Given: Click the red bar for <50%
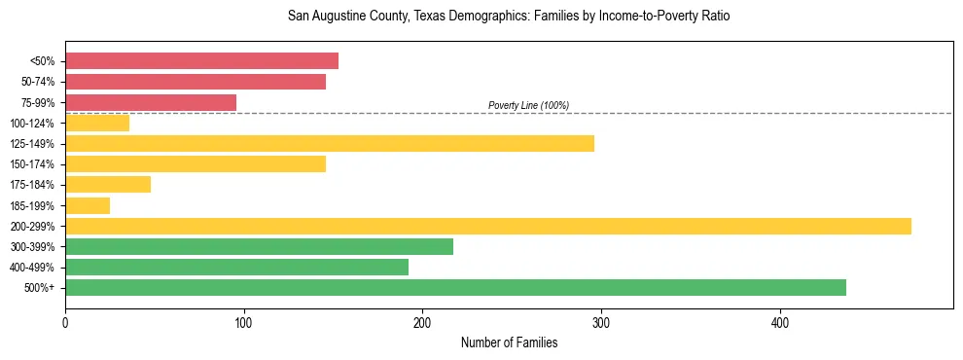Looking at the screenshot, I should [x=201, y=61].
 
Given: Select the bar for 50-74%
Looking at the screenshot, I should [x=196, y=82].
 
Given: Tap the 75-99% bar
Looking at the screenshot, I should [x=151, y=102].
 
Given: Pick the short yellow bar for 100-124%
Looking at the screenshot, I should [x=97, y=123].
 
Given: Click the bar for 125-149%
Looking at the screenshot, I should [x=330, y=143].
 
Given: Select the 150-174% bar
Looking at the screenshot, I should [x=196, y=163].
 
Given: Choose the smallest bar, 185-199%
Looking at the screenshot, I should [x=88, y=205].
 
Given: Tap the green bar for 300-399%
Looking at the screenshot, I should [x=259, y=246].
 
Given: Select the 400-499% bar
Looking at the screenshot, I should [x=236, y=267].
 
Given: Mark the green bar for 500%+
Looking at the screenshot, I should [x=455, y=287].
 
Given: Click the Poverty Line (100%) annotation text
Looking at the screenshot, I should [x=528, y=105].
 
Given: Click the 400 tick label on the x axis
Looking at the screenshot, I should [x=779, y=322].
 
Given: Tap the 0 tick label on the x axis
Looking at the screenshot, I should [x=65, y=322].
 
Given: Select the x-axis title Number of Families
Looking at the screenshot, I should [x=509, y=342].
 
